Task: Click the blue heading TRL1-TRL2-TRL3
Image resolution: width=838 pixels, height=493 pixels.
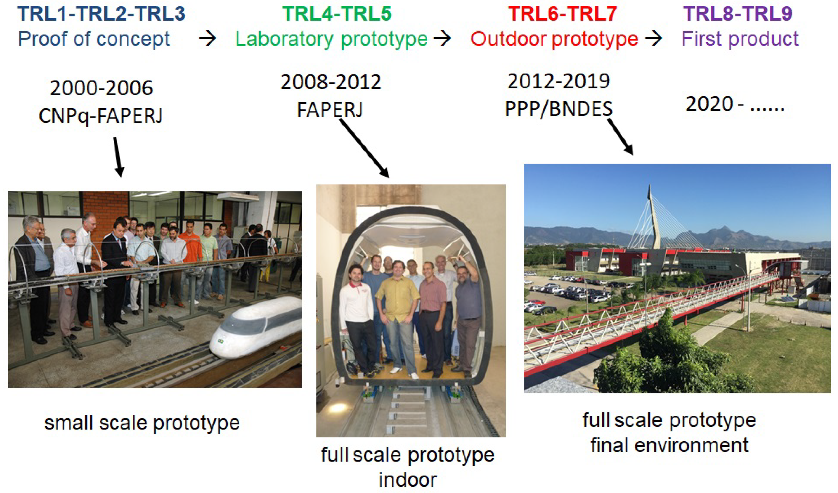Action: point(101,14)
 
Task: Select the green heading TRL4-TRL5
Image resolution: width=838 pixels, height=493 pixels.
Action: point(337,14)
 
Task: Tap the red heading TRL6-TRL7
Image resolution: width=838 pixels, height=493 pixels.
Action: point(562,14)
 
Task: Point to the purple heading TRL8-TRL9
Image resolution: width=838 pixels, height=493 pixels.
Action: point(738,14)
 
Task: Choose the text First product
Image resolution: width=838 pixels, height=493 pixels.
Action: point(740,39)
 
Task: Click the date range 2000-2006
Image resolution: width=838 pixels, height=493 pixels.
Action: point(101,88)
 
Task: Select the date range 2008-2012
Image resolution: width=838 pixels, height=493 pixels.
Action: point(331,82)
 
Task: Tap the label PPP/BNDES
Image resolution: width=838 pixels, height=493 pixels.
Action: point(558,109)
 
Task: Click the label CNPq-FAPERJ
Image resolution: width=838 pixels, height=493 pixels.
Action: point(101,116)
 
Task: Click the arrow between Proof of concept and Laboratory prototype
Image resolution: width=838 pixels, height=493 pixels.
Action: point(208,39)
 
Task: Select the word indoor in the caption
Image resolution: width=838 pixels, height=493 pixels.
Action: point(408,480)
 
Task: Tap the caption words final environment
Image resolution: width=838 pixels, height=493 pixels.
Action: point(670,445)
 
